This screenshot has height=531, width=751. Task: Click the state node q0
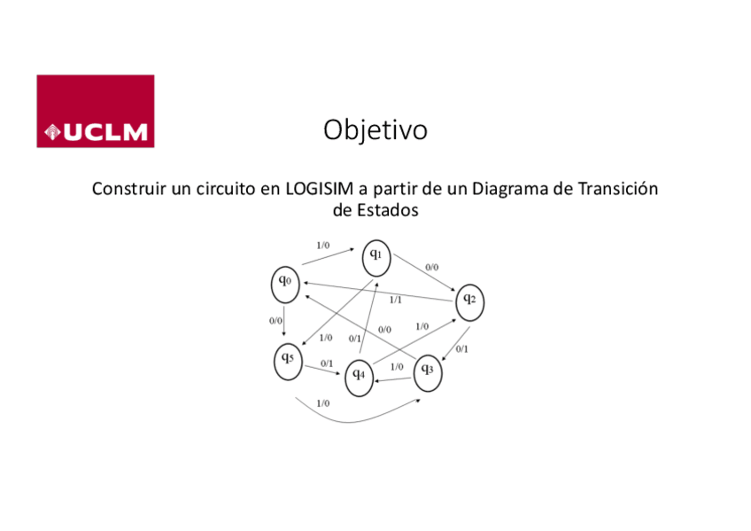(284, 283)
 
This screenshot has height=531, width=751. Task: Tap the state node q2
(469, 301)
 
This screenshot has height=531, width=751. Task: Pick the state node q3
(427, 370)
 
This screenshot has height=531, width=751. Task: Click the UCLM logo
(96, 111)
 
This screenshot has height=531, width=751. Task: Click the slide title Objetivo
(375, 130)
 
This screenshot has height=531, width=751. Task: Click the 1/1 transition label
(395, 300)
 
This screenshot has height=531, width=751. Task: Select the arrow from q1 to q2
(423, 274)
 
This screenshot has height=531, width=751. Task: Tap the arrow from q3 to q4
(392, 379)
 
